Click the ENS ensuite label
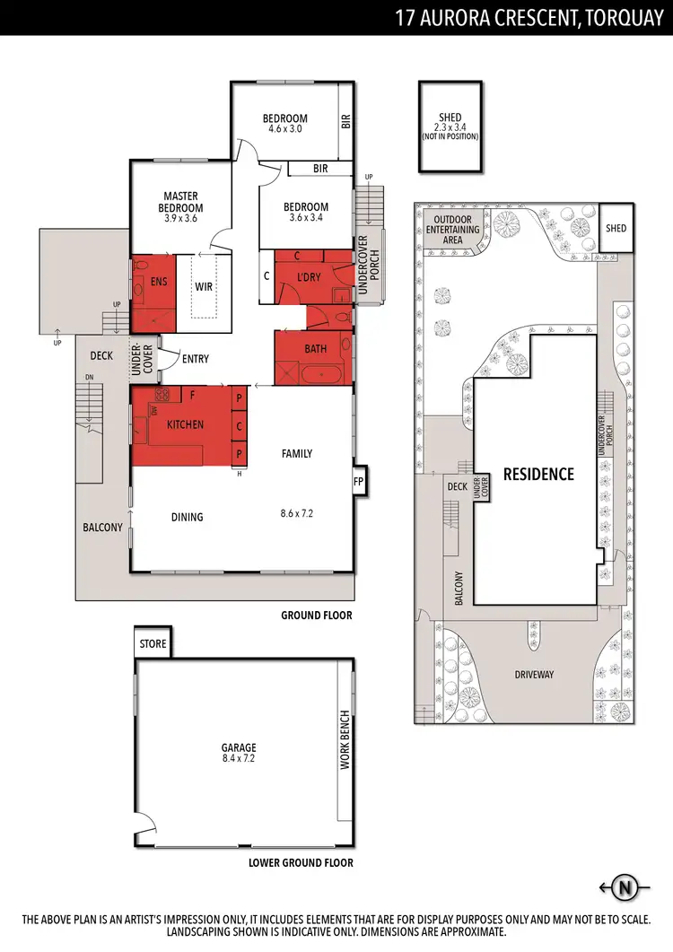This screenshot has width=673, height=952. (x=159, y=282)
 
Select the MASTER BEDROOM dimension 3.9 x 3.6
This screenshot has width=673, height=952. (x=180, y=218)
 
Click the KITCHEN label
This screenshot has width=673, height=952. (x=185, y=424)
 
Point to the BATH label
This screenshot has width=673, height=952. (x=315, y=348)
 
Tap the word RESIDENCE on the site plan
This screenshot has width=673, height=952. (x=538, y=474)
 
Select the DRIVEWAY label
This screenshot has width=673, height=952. (x=535, y=674)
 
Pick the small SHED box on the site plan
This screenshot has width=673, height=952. (x=616, y=229)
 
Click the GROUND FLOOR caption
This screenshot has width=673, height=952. (x=316, y=616)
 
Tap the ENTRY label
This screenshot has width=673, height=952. (x=195, y=359)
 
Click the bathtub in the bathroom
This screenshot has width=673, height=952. (x=316, y=374)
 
